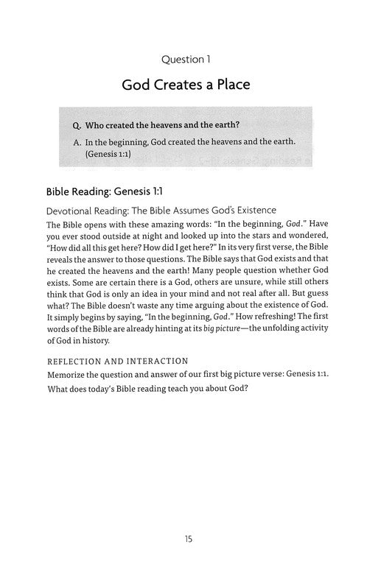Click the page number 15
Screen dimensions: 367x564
tap(184, 539)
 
